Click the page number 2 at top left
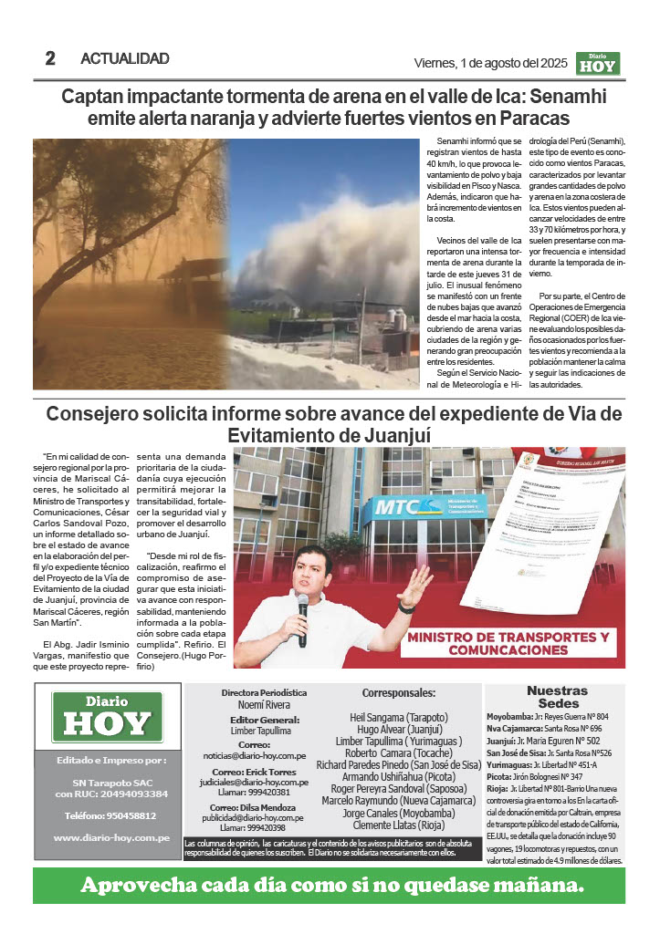click(50, 58)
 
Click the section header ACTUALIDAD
click(125, 59)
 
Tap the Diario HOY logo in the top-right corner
click(598, 62)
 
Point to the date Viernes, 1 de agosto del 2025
click(491, 63)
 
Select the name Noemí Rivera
click(264, 705)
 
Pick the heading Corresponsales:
click(399, 693)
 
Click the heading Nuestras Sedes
click(557, 697)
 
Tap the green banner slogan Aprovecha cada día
click(330, 885)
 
